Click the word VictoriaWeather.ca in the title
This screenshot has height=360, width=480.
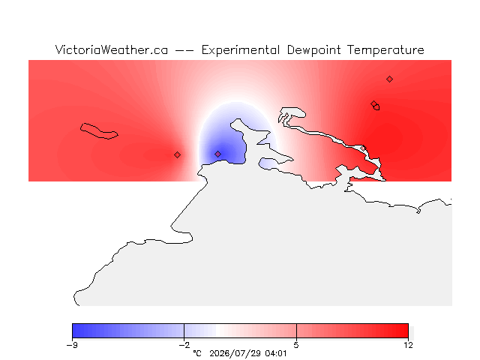[x=112, y=50]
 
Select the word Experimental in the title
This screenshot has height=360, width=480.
[x=241, y=50]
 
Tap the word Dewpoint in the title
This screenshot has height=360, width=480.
[x=313, y=50]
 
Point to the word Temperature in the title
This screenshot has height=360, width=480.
[x=385, y=50]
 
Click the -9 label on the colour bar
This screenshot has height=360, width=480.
[x=72, y=345]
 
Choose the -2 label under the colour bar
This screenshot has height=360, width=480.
[x=184, y=345]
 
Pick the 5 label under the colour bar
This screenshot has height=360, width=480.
[x=296, y=345]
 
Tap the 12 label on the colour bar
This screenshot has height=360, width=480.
[x=408, y=345]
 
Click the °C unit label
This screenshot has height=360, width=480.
[x=197, y=354]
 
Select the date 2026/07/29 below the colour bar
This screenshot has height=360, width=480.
[x=235, y=354]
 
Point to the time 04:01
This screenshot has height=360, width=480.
[x=276, y=354]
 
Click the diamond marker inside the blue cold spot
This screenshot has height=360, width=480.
[x=217, y=154]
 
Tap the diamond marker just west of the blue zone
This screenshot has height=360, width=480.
[x=177, y=155]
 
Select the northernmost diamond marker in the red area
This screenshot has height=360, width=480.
[x=389, y=79]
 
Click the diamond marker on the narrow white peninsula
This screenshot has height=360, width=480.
[x=363, y=148]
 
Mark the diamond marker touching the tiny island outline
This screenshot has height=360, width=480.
[x=373, y=103]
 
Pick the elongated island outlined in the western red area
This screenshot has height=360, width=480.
[x=99, y=131]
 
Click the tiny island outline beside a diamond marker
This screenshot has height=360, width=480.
[x=376, y=107]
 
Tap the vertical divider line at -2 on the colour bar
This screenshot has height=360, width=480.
[x=184, y=331]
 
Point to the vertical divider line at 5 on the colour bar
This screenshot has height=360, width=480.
[x=296, y=331]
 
